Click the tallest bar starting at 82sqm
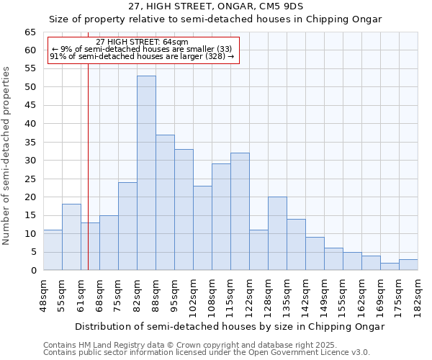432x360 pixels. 146,173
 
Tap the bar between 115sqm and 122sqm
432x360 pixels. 240,212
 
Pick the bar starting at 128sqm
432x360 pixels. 277,233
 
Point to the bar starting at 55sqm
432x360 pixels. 71,237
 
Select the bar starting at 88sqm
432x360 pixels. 165,202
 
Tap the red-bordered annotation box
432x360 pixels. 142,49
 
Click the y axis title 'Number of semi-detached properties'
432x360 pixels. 7,155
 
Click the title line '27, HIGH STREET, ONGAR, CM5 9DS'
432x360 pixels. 216,6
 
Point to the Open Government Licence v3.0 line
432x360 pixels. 207,353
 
